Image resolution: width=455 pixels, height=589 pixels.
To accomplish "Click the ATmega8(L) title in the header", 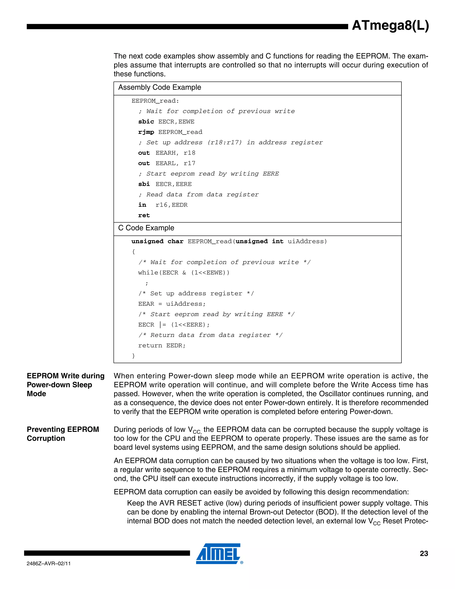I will tap(390, 26).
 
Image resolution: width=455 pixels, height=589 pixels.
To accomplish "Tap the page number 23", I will tap(424, 553).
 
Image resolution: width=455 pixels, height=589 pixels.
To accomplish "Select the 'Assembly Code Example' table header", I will tap(160, 87).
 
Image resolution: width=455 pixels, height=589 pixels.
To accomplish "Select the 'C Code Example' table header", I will tap(146, 228).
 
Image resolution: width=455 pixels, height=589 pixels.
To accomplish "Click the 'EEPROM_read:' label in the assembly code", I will tap(155, 101).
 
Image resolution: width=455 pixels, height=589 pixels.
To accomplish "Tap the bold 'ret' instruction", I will tap(144, 215).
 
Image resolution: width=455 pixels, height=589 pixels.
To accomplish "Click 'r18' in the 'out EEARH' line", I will tap(190, 153).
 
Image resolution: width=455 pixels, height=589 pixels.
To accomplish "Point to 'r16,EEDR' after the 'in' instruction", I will tap(172, 205).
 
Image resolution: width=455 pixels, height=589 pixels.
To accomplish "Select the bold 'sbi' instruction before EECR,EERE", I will tap(144, 184).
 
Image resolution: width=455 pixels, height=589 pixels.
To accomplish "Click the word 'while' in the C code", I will tap(148, 273).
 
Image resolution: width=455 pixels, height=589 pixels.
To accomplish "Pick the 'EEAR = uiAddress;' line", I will tap(172, 304).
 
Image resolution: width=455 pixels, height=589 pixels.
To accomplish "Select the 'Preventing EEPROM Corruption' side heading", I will tap(63, 434).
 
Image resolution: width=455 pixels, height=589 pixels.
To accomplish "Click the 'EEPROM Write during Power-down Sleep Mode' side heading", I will tap(66, 385).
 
